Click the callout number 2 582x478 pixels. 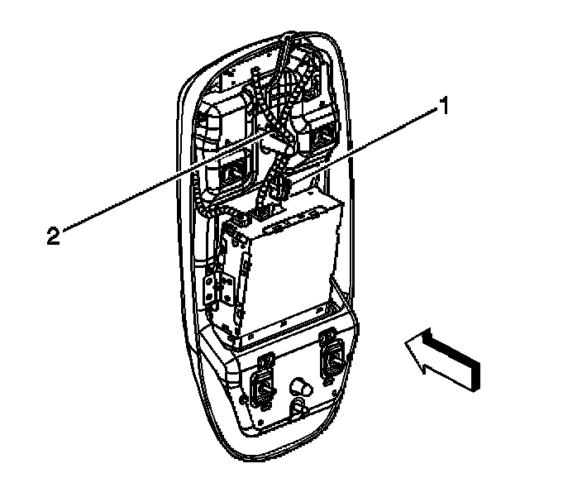53,236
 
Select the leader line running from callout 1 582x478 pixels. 364,146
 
